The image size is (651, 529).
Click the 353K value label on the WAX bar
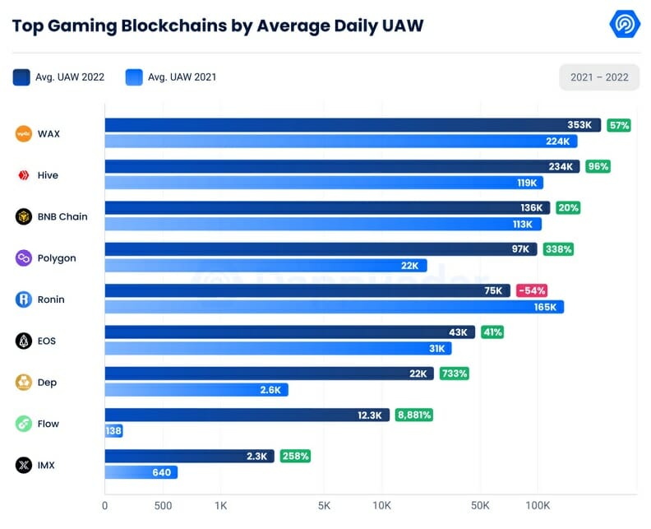579,125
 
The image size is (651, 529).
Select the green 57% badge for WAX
619,125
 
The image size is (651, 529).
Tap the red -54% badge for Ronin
532,290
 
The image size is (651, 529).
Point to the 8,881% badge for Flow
413,415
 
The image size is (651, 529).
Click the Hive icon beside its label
24,175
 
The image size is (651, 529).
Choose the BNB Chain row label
62,216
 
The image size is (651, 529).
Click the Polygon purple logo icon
24,258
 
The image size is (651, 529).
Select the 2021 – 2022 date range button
599,77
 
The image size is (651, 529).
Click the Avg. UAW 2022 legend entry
58,77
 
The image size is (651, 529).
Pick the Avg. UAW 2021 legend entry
171,77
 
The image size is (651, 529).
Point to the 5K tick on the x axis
324,505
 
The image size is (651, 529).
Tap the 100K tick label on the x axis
538,505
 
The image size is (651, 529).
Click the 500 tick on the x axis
164,505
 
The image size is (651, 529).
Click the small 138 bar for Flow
113,431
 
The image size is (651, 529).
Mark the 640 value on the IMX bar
162,472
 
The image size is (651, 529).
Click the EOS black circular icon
24,341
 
